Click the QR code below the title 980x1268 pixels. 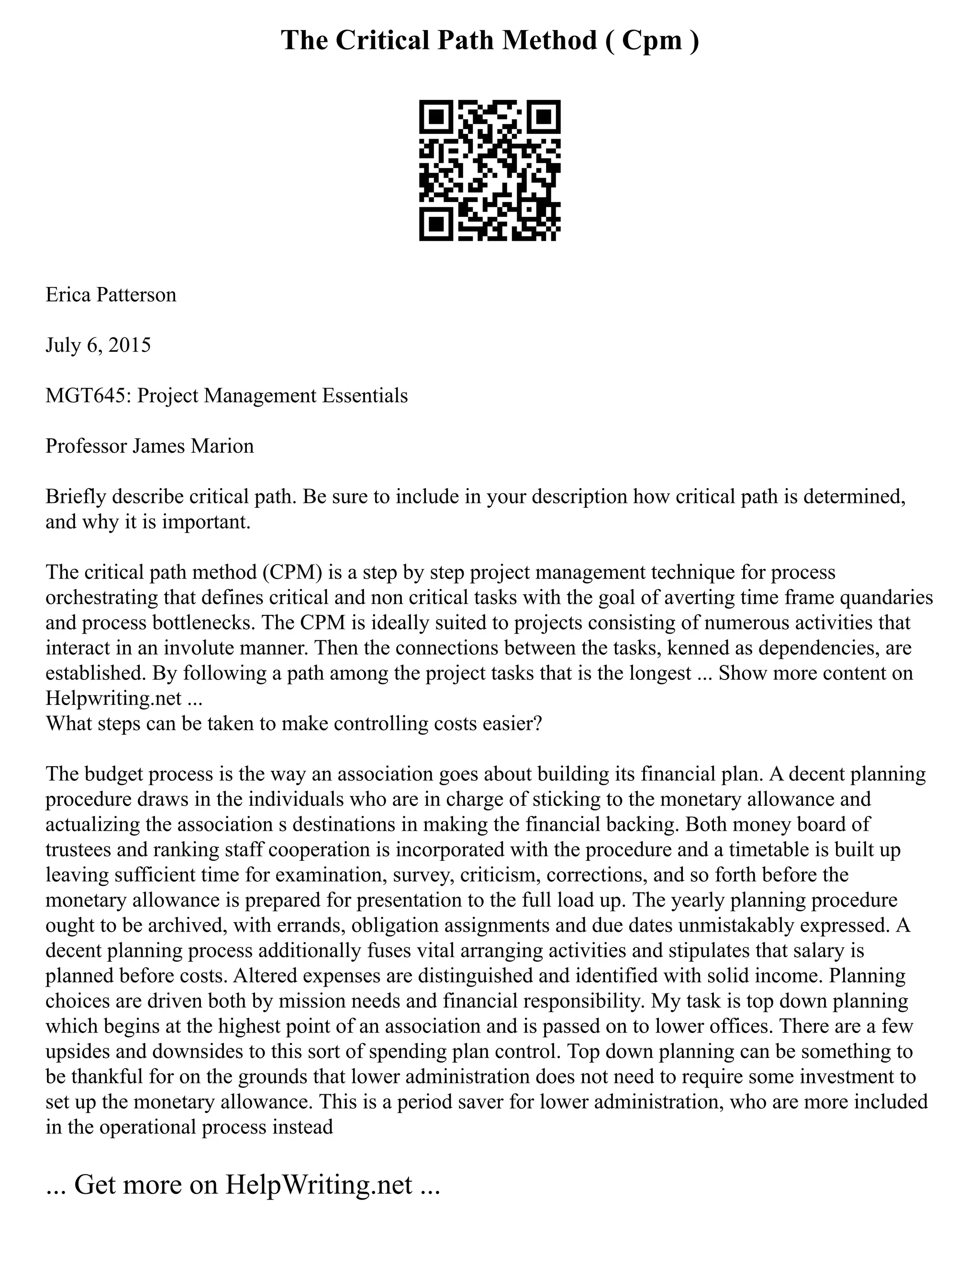pos(490,170)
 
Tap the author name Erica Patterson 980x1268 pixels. pos(111,295)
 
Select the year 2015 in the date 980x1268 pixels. pos(130,345)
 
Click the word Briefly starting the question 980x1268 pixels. pos(76,497)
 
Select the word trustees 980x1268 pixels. pos(78,850)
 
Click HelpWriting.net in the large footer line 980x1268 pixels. pos(319,1184)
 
